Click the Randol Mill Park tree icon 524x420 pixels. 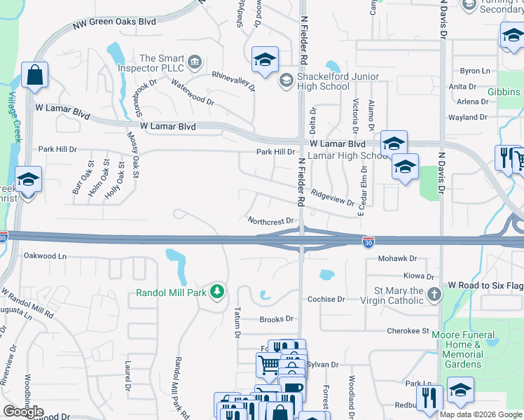[218, 290]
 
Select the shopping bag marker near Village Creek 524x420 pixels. [34, 75]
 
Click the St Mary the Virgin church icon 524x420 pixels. [434, 294]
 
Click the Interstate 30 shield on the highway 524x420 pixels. [368, 242]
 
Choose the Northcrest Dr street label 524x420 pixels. [270, 220]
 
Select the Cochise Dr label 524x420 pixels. [326, 299]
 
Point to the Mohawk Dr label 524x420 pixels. [397, 258]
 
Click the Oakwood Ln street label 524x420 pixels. [45, 255]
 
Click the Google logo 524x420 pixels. [24, 412]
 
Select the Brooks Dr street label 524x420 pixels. [276, 318]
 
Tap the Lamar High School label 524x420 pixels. [348, 155]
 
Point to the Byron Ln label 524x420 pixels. [474, 71]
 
